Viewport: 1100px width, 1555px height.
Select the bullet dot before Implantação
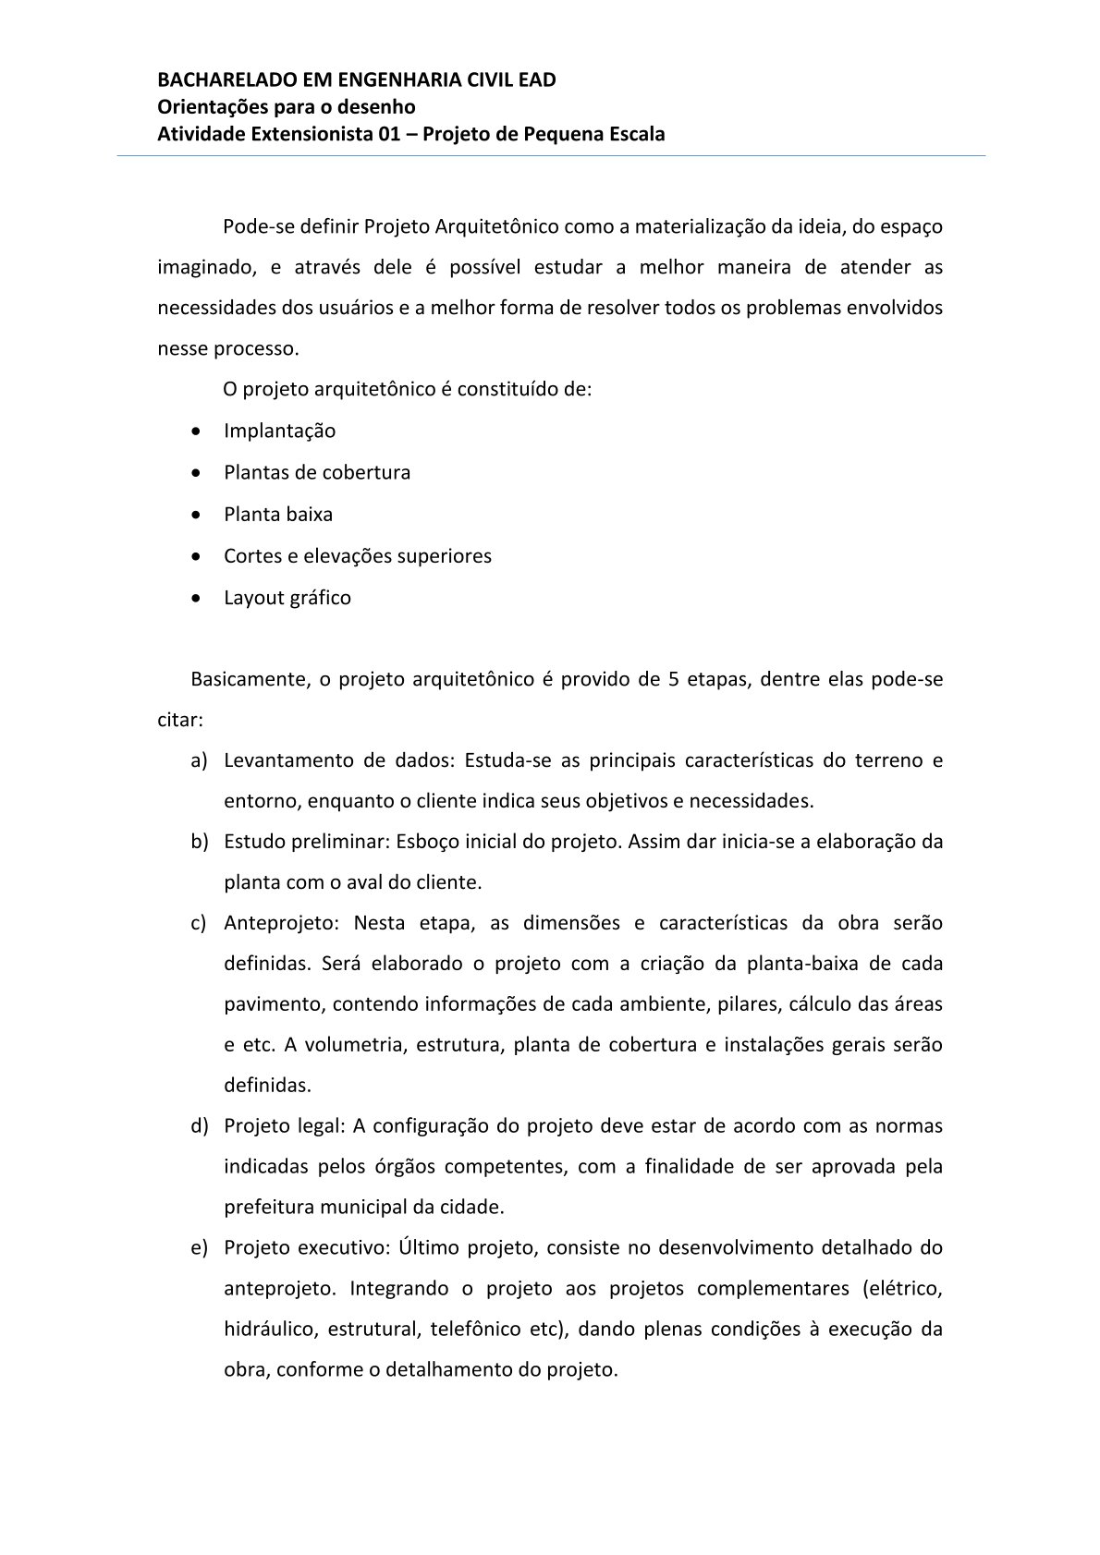pos(195,431)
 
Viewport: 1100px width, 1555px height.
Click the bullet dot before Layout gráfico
pos(195,598)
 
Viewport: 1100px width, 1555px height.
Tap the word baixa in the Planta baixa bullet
pos(310,515)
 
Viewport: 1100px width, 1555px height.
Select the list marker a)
pos(199,760)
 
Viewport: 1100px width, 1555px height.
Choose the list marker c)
pos(199,923)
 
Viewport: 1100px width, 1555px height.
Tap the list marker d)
pos(199,1126)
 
